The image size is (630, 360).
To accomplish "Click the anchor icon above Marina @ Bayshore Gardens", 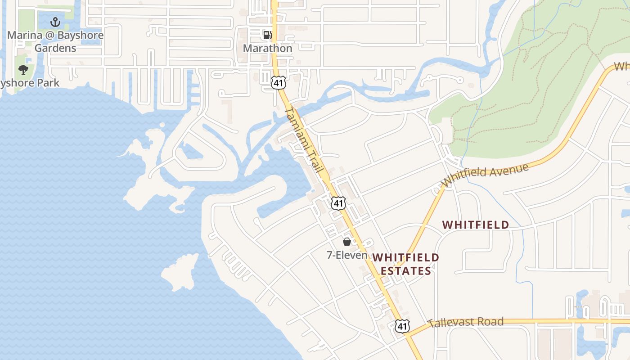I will (55, 22).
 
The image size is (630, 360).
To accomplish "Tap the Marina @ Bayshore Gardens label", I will (55, 41).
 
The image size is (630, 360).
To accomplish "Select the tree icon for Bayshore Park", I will (23, 70).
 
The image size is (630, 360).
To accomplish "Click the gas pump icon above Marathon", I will (267, 35).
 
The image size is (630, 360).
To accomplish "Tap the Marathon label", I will (267, 48).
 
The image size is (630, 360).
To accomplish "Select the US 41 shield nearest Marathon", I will (277, 82).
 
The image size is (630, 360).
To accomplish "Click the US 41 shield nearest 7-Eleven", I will (338, 203).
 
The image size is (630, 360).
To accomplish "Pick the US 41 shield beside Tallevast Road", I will (402, 326).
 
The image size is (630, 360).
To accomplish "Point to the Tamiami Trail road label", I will (304, 140).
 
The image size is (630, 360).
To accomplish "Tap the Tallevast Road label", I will (465, 322).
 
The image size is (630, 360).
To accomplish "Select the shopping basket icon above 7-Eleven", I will (347, 242).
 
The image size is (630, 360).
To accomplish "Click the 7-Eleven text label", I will (347, 255).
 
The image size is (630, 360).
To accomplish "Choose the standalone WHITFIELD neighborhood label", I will (476, 225).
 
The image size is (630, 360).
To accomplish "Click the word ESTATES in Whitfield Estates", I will (406, 270).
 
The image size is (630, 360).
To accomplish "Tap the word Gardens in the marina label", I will (55, 48).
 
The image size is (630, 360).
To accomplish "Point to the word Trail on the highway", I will (315, 160).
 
